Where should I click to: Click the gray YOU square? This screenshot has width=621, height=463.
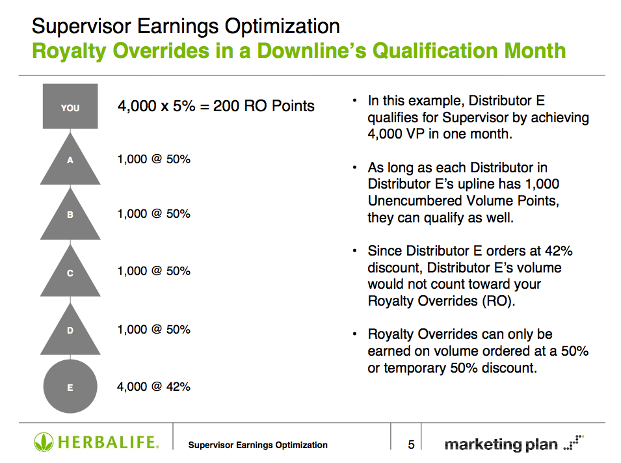pos(70,106)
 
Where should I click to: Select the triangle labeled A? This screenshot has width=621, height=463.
pos(70,163)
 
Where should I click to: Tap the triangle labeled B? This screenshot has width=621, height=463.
pos(70,217)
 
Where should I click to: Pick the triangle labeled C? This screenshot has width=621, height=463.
pos(70,274)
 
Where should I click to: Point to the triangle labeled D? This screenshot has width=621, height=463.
pos(70,332)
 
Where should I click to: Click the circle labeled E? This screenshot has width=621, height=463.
pos(70,386)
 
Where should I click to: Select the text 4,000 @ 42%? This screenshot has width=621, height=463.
pos(153,386)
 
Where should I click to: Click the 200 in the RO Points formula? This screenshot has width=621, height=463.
pos(226,106)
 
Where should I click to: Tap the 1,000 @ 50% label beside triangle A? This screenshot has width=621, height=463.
pos(153,159)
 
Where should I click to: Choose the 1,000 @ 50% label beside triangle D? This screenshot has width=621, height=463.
pos(153,330)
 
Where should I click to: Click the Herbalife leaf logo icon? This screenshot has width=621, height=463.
pos(43,442)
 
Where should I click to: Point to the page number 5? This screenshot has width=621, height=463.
pos(411,445)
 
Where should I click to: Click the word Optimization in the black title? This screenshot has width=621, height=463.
pos(282,27)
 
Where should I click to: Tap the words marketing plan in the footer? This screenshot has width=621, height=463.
pos(501,444)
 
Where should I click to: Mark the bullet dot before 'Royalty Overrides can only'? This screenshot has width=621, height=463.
pos(355,334)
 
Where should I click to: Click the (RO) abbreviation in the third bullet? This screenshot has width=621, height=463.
pos(499,301)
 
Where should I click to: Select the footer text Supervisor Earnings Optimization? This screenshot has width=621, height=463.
pos(258,445)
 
